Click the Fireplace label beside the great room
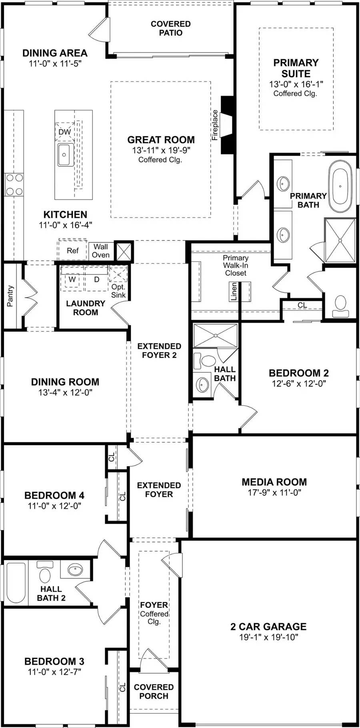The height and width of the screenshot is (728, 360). pyautogui.click(x=215, y=125)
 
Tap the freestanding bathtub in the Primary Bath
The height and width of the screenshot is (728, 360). pyautogui.click(x=341, y=186)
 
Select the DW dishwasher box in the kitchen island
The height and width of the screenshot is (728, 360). pyautogui.click(x=65, y=132)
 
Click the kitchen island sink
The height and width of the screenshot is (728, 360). pyautogui.click(x=65, y=154)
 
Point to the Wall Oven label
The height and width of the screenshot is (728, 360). pyautogui.click(x=101, y=251)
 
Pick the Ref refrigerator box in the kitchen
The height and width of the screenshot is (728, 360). pyautogui.click(x=72, y=251)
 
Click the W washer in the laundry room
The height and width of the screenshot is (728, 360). pyautogui.click(x=72, y=279)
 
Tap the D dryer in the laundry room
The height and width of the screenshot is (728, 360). pyautogui.click(x=96, y=279)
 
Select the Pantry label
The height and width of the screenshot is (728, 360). pyautogui.click(x=10, y=296)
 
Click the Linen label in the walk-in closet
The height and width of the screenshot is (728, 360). pyautogui.click(x=234, y=291)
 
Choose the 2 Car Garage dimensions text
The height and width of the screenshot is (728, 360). pyautogui.click(x=269, y=637)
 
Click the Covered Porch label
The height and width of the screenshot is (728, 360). pyautogui.click(x=154, y=692)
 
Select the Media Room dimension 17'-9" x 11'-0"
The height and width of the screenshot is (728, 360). pyautogui.click(x=274, y=492)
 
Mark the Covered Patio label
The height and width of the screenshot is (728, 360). pyautogui.click(x=171, y=28)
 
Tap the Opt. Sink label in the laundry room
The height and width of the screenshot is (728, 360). pyautogui.click(x=118, y=291)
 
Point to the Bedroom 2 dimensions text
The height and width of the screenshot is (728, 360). pyautogui.click(x=299, y=384)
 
